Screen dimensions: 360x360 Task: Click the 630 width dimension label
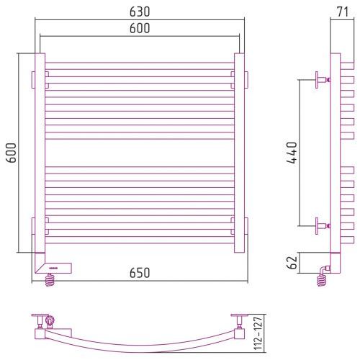point(140,12)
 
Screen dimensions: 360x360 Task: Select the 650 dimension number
point(140,273)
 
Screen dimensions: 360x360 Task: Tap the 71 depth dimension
point(343,12)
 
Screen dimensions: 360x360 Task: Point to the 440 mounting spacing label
point(292,153)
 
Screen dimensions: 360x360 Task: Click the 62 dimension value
point(292,263)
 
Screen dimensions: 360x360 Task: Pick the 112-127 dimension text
point(258,333)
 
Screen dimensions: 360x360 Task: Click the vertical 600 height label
point(11,153)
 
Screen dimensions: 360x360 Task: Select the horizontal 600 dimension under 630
point(140,28)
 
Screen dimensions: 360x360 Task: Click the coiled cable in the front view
point(50,280)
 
